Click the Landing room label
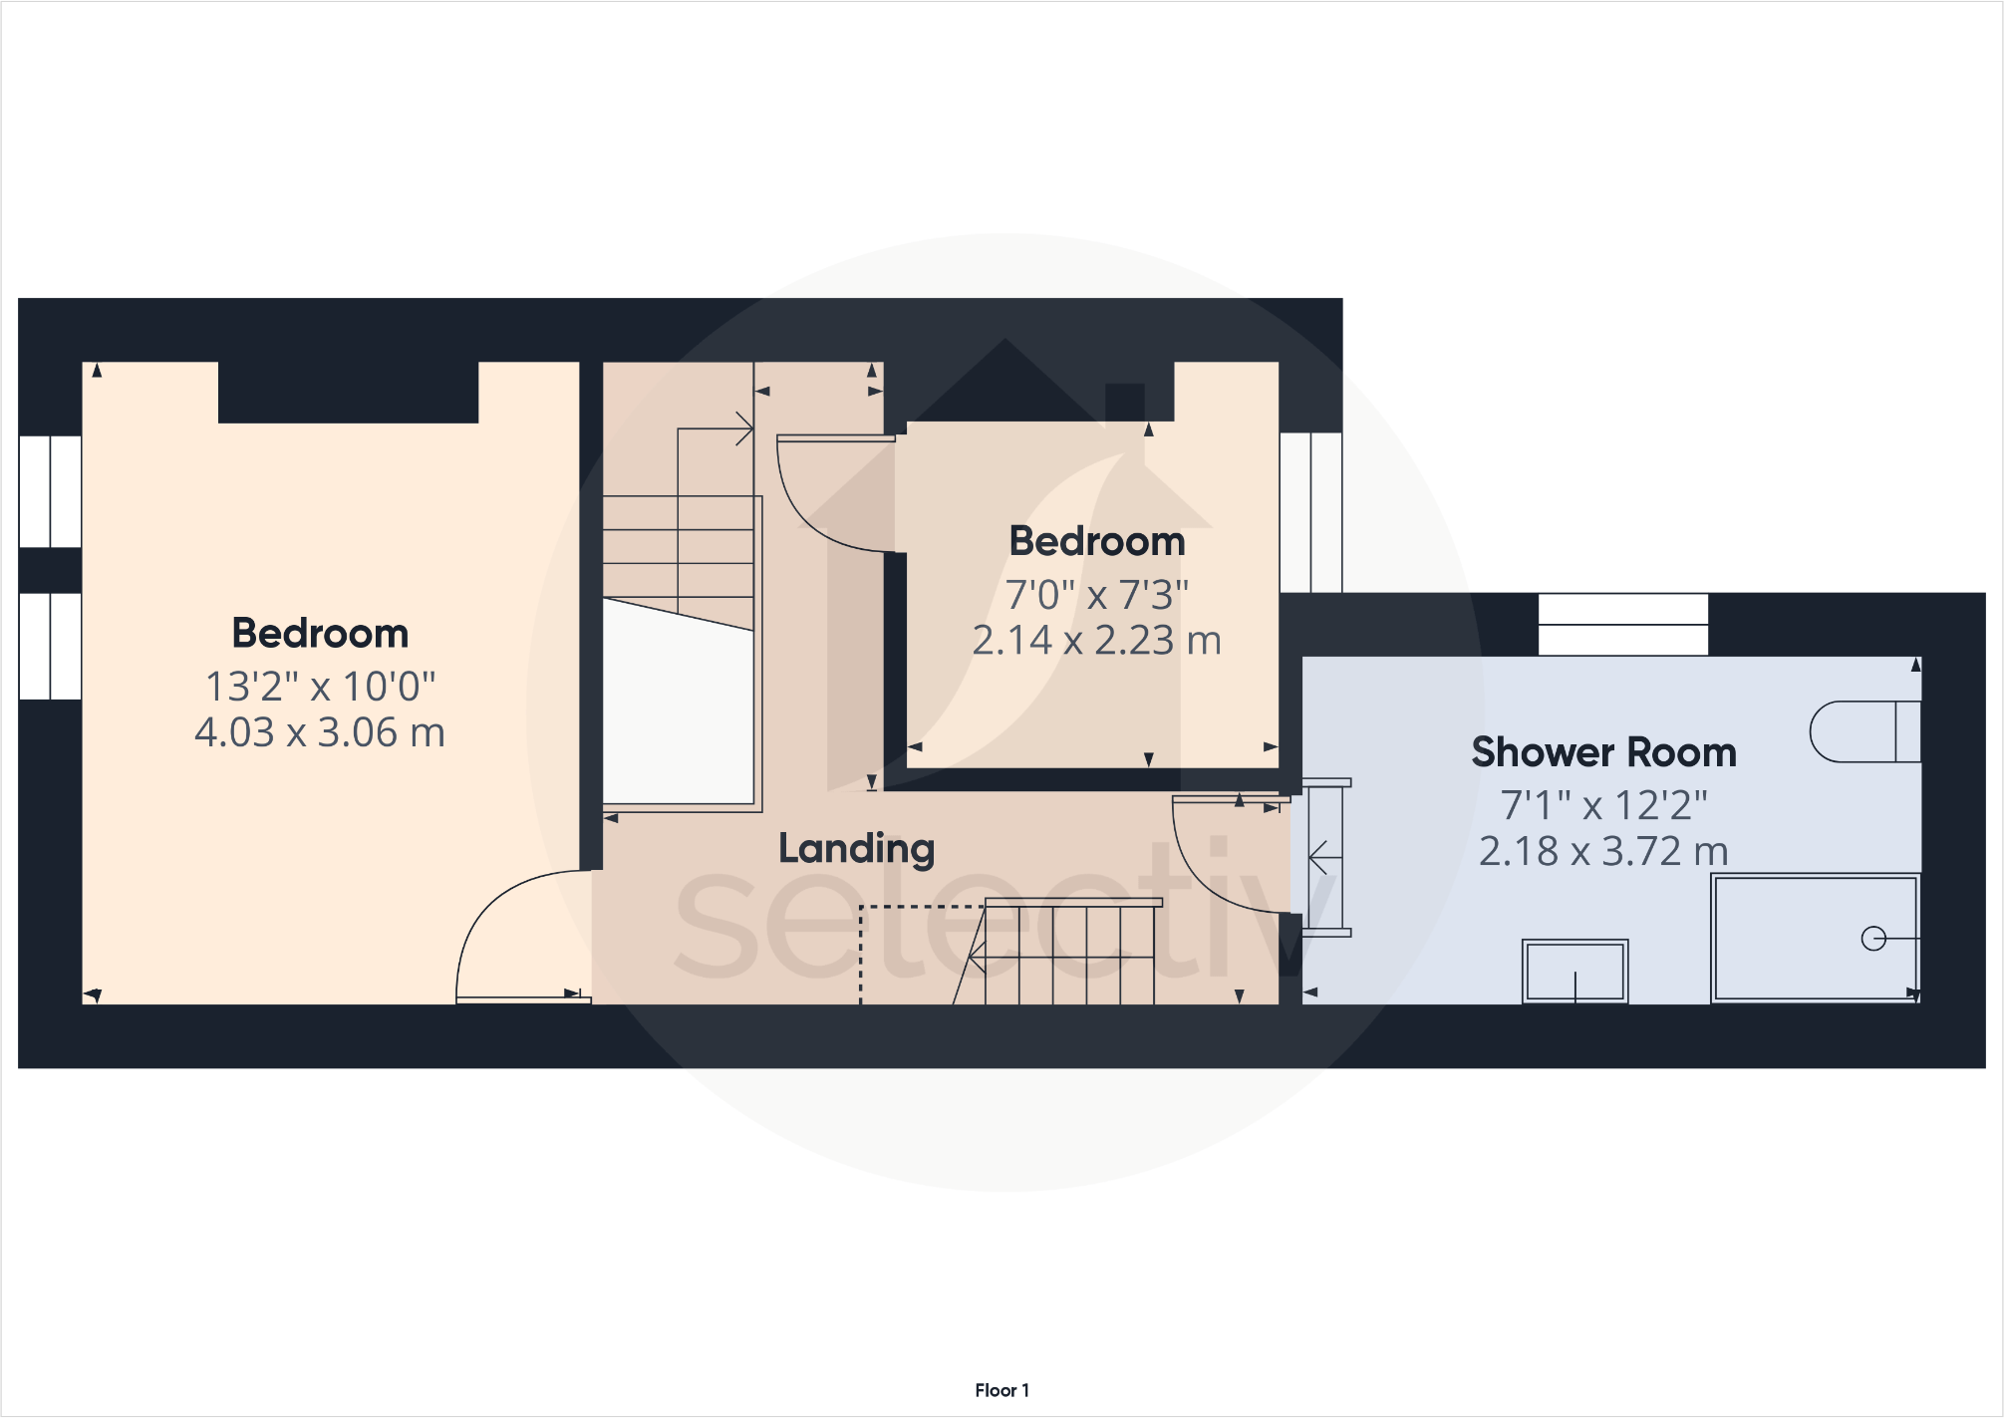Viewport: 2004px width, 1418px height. (x=856, y=849)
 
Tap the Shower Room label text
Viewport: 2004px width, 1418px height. (x=1603, y=752)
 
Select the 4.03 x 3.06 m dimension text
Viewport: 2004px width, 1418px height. (x=320, y=732)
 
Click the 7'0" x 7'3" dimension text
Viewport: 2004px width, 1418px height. (x=1096, y=595)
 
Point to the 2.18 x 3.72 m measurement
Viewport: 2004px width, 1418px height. (x=1603, y=851)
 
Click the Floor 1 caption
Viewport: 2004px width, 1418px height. (x=1002, y=1390)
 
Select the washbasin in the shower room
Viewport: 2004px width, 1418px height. (x=1575, y=971)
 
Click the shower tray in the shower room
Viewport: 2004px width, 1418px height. (x=1814, y=937)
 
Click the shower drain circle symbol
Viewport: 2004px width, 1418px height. (x=1873, y=939)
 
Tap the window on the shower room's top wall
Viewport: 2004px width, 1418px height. (x=1622, y=625)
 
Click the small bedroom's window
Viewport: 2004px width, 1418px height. (x=1310, y=512)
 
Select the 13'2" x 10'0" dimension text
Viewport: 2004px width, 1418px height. (x=320, y=687)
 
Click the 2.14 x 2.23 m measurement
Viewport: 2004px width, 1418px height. (x=1096, y=640)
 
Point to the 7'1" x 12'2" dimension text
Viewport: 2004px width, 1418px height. (x=1603, y=805)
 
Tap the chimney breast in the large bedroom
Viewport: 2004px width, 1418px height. (x=348, y=393)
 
